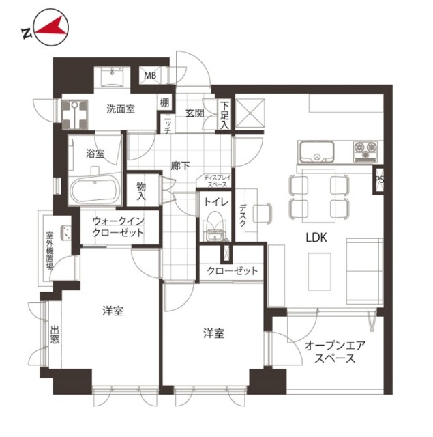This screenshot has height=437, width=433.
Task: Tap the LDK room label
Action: coord(316,238)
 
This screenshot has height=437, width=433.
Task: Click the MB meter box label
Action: coord(150,76)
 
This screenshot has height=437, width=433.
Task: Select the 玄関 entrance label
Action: coord(195,113)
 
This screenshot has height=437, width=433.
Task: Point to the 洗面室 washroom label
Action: coord(121,109)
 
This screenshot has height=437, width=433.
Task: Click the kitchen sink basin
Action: coord(316,152)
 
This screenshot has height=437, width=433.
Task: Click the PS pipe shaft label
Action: coord(380,180)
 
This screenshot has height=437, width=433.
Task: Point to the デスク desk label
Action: coord(243,215)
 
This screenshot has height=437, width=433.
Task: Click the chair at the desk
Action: coord(262,213)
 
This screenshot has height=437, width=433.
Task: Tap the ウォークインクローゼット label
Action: coord(118,227)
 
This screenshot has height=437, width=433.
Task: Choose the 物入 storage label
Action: coord(141,191)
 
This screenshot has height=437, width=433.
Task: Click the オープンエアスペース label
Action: coord(335,352)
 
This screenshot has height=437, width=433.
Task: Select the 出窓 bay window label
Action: coord(55,335)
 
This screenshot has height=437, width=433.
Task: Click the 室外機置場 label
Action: coord(49,251)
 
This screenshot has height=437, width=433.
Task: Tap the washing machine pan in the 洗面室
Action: coord(74,115)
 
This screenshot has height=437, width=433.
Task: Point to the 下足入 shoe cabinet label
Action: coord(224,115)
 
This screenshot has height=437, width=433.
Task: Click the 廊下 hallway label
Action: coord(180,166)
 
